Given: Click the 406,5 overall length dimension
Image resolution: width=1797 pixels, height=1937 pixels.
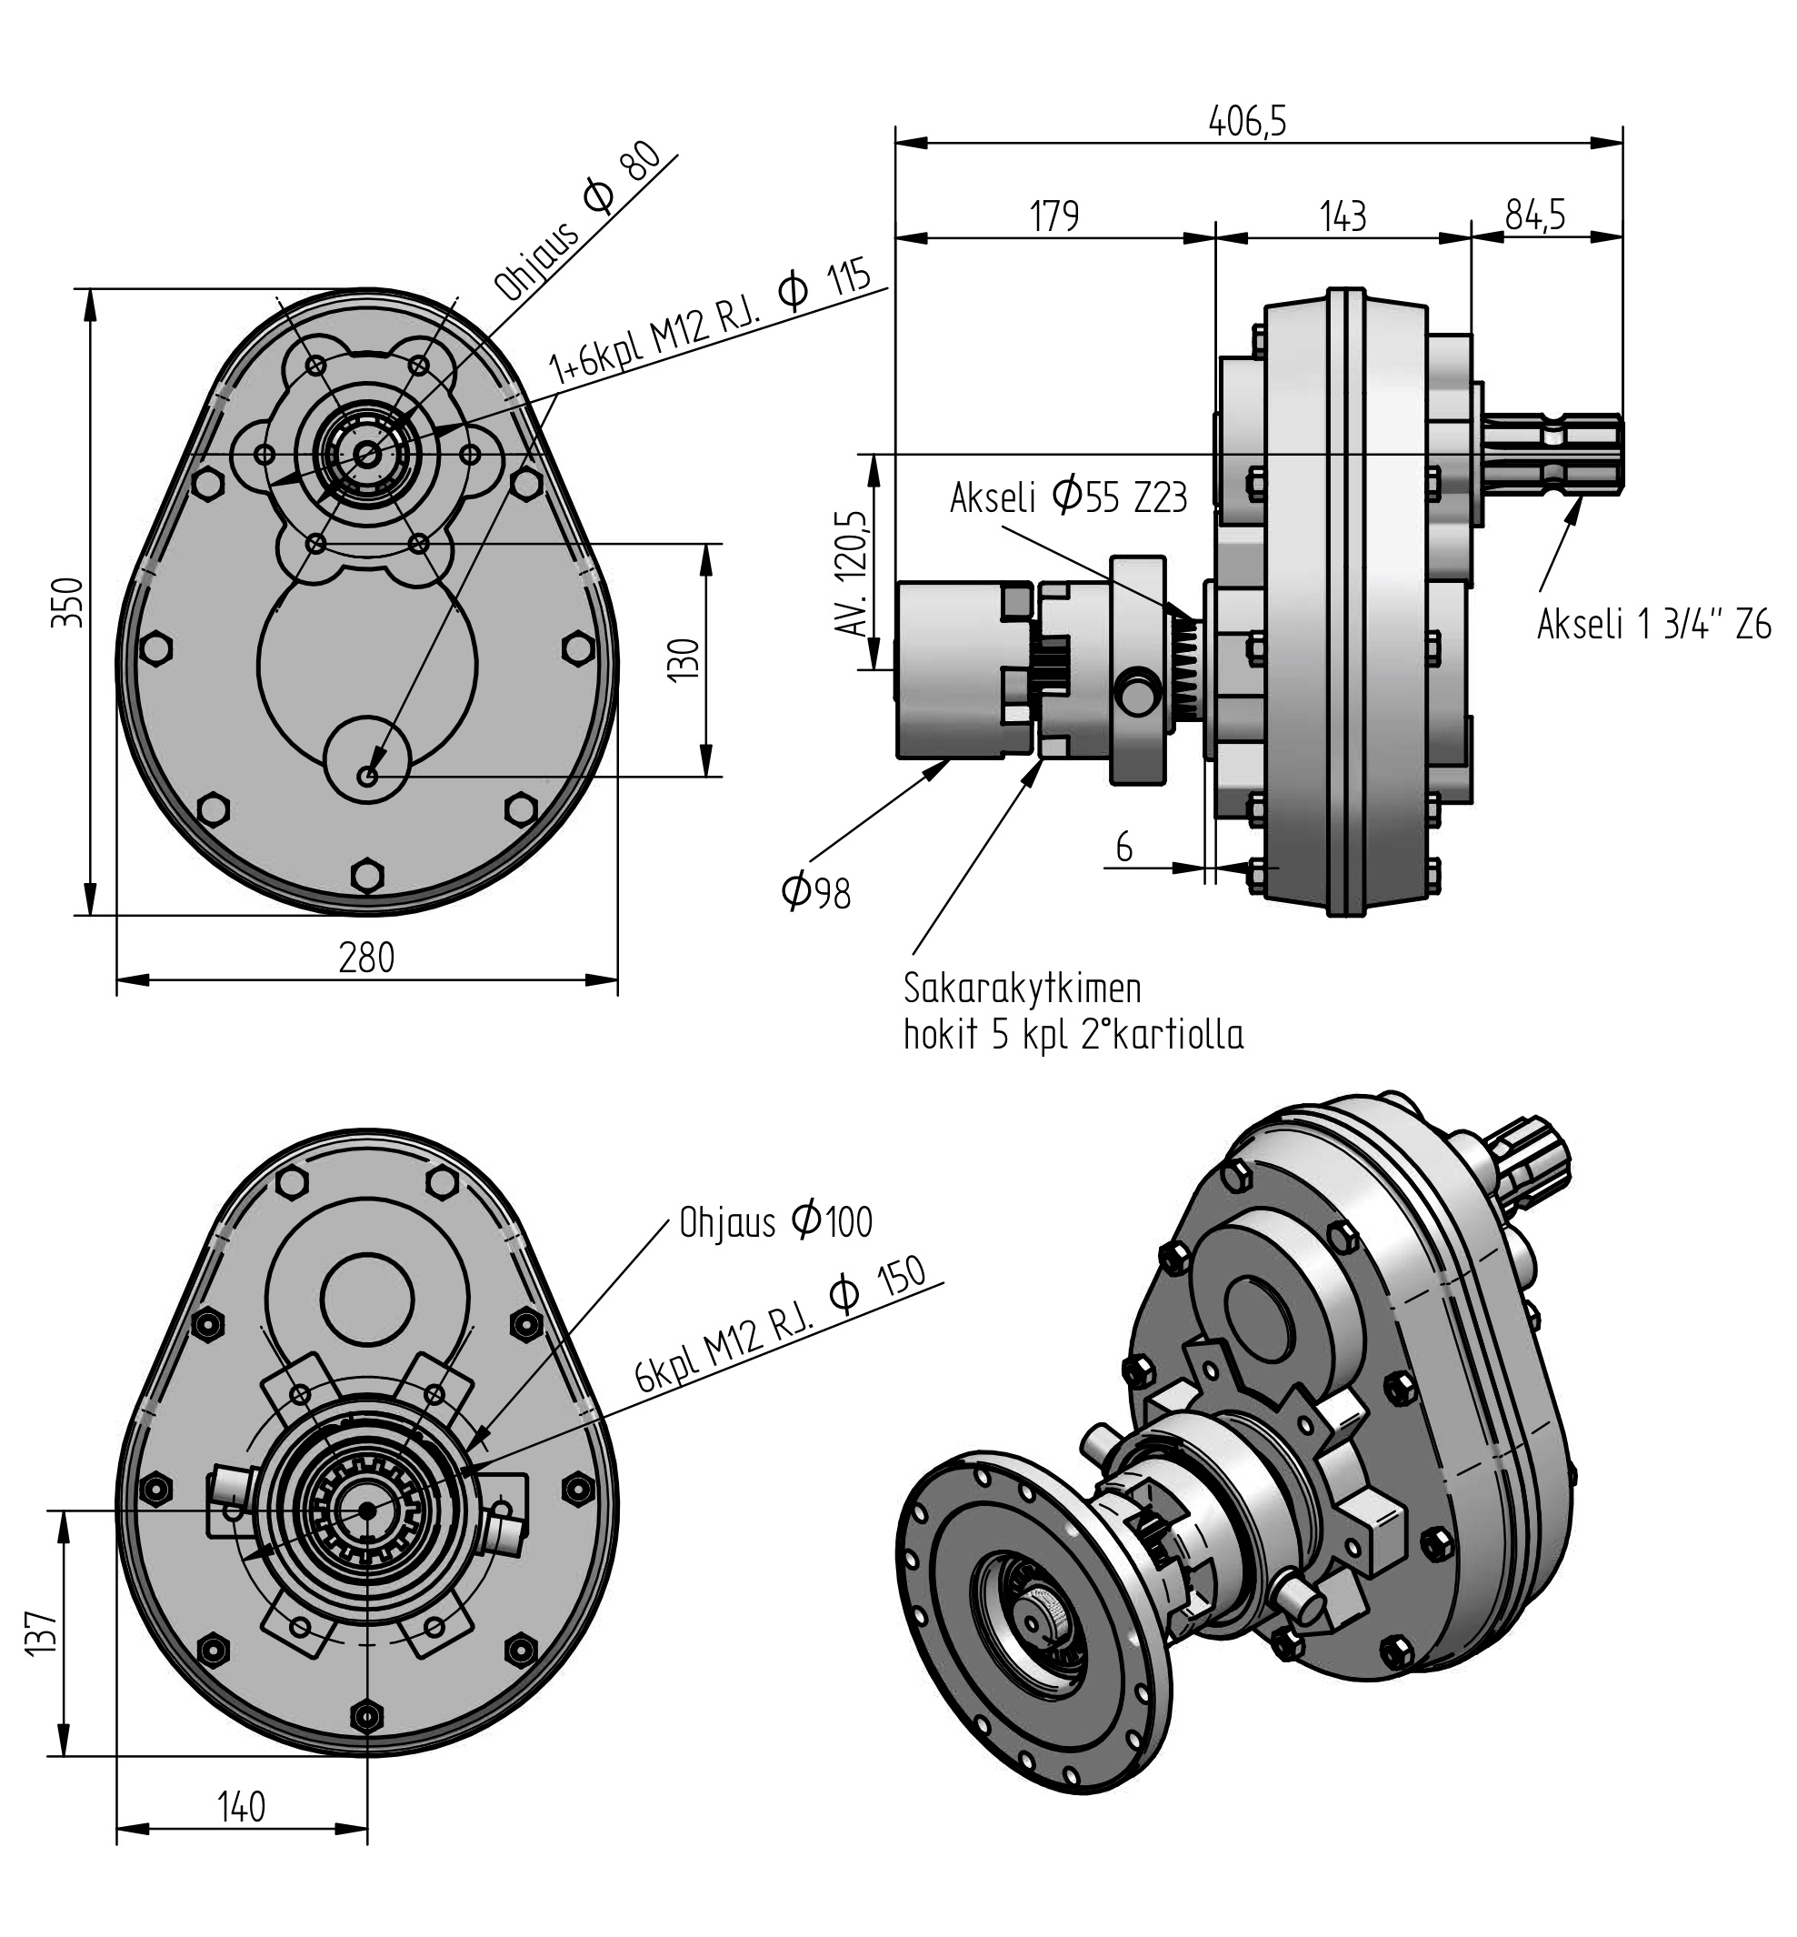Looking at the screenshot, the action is (x=1248, y=122).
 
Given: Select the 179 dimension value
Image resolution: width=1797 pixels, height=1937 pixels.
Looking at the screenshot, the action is (x=1055, y=216).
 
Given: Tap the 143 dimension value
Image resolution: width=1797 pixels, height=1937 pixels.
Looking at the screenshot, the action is (x=1343, y=216).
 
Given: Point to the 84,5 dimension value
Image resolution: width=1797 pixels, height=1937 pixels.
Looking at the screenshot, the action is (x=1535, y=215).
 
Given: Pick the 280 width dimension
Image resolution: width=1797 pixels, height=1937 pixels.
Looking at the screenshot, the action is (x=366, y=958).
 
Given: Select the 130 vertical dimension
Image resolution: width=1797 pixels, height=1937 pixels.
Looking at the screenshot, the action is (x=685, y=659).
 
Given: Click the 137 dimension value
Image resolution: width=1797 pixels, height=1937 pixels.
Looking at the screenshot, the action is (x=42, y=1631).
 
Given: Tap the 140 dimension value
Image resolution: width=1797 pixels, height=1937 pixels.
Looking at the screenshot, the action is (x=241, y=1807).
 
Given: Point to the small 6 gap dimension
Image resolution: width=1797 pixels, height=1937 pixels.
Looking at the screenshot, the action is (x=1124, y=848).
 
